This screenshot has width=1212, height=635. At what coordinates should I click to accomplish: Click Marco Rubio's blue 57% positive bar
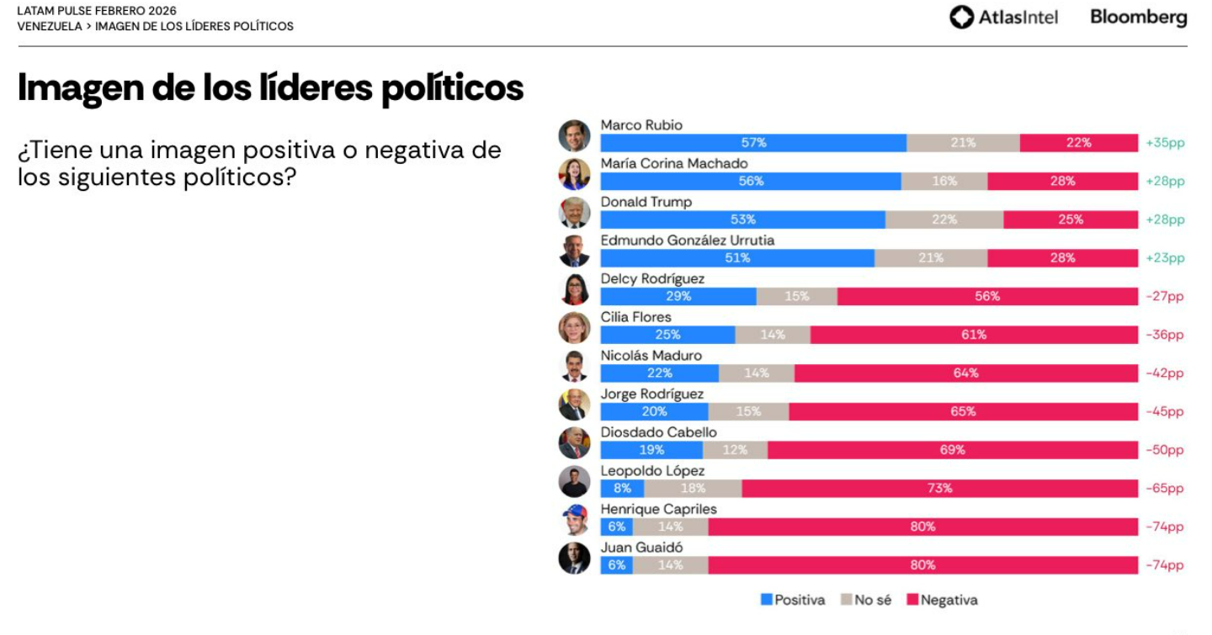[x=753, y=143]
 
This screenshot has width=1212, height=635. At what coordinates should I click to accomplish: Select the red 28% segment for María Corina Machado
[x=1062, y=182]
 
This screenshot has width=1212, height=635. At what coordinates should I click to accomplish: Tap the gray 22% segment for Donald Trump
[x=944, y=220]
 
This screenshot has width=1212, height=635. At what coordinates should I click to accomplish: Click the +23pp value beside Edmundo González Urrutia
[x=1165, y=258]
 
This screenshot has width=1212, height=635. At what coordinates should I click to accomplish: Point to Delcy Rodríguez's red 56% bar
[x=987, y=296]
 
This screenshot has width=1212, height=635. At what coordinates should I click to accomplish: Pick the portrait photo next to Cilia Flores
[x=574, y=328]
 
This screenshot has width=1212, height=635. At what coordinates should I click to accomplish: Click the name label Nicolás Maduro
[x=651, y=356]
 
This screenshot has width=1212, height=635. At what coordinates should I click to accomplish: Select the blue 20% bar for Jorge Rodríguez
[x=654, y=411]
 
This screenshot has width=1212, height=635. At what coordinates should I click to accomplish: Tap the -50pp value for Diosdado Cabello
[x=1164, y=450]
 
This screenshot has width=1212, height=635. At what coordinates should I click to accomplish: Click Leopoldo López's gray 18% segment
[x=693, y=489]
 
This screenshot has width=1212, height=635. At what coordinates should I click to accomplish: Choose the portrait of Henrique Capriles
[x=574, y=520]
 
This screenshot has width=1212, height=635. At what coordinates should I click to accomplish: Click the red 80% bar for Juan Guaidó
[x=922, y=565]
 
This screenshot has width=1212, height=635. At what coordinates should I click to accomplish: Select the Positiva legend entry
[x=793, y=601]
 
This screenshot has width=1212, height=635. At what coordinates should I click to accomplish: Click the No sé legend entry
[x=866, y=601]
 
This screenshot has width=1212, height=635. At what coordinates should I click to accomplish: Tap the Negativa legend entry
[x=942, y=601]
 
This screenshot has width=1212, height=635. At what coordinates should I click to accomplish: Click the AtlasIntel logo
[x=1003, y=18]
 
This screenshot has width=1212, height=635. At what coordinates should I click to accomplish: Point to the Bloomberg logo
[x=1139, y=18]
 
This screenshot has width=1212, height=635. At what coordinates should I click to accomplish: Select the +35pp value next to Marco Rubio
[x=1165, y=143]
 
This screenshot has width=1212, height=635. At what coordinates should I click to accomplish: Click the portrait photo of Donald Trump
[x=574, y=213]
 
